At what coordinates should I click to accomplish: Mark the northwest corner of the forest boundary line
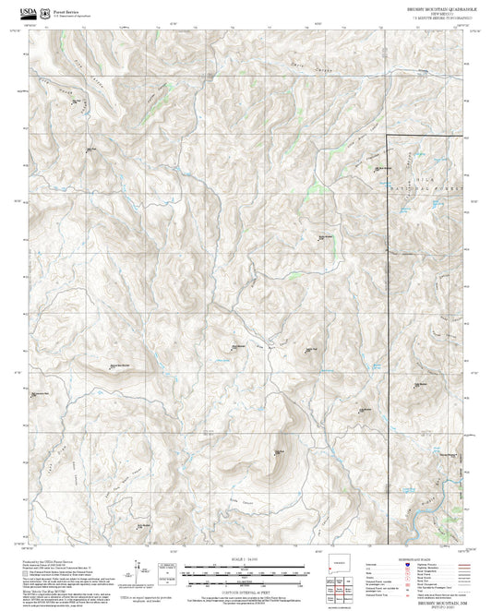tap(386, 137)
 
